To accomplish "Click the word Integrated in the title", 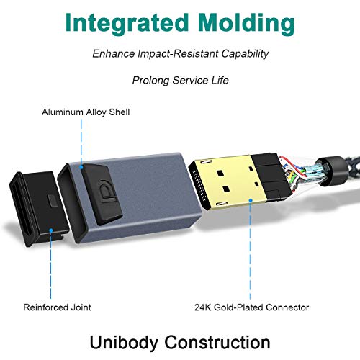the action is tap(127, 24).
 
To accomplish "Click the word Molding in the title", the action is tap(246, 24).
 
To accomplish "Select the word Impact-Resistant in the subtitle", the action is tap(179, 53).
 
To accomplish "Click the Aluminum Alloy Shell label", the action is tap(86, 112).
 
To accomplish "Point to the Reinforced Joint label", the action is tap(57, 307).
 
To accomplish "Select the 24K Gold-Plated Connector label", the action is tap(251, 307).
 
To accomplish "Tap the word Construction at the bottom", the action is tap(217, 342).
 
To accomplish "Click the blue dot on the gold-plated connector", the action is tap(251, 200).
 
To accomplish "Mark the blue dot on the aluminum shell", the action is tap(81, 167).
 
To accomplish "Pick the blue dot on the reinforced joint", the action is tap(51, 230).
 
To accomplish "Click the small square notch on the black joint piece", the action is tap(52, 199).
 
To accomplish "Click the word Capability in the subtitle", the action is tap(245, 54).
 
